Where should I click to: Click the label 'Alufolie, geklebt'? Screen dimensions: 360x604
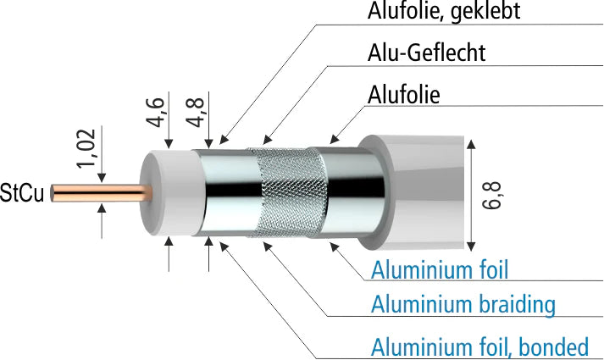point(444,12)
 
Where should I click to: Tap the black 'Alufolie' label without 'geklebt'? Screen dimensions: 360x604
point(404,94)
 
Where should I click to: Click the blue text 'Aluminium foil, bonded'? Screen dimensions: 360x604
point(479,346)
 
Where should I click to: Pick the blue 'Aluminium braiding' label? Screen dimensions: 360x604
point(463,304)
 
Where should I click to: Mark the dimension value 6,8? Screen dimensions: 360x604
point(496,194)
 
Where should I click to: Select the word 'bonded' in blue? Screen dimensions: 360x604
point(554,346)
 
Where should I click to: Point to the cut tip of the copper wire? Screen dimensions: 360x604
point(53,193)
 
